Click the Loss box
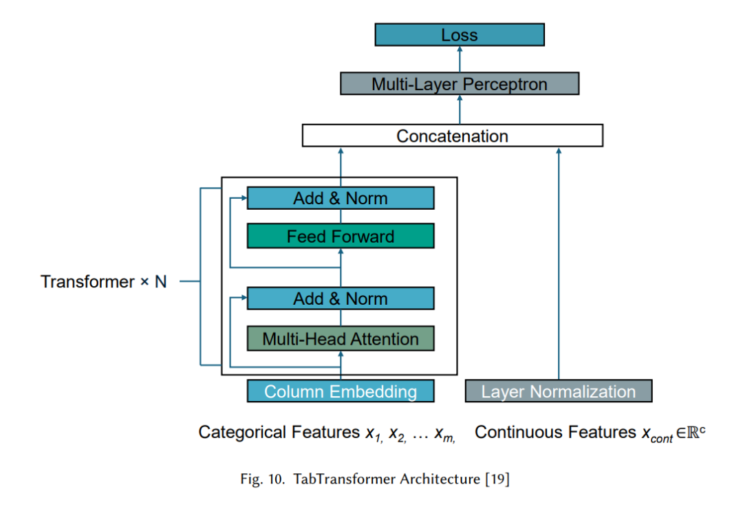click(460, 34)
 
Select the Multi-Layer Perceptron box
click(460, 83)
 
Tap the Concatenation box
click(453, 136)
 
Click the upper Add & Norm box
click(341, 198)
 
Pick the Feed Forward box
click(341, 236)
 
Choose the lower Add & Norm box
click(341, 299)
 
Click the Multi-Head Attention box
click(341, 338)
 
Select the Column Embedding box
click(341, 391)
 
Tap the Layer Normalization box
click(559, 391)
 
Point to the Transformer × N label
click(103, 281)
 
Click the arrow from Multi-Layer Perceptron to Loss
click(460, 59)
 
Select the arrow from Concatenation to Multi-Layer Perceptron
click(460, 109)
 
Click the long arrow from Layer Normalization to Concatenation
click(559, 263)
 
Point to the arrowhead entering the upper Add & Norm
click(244, 197)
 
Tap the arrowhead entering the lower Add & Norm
click(244, 298)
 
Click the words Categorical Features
click(279, 432)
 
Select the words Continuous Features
click(555, 432)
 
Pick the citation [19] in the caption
click(497, 479)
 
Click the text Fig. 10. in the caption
click(262, 479)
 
